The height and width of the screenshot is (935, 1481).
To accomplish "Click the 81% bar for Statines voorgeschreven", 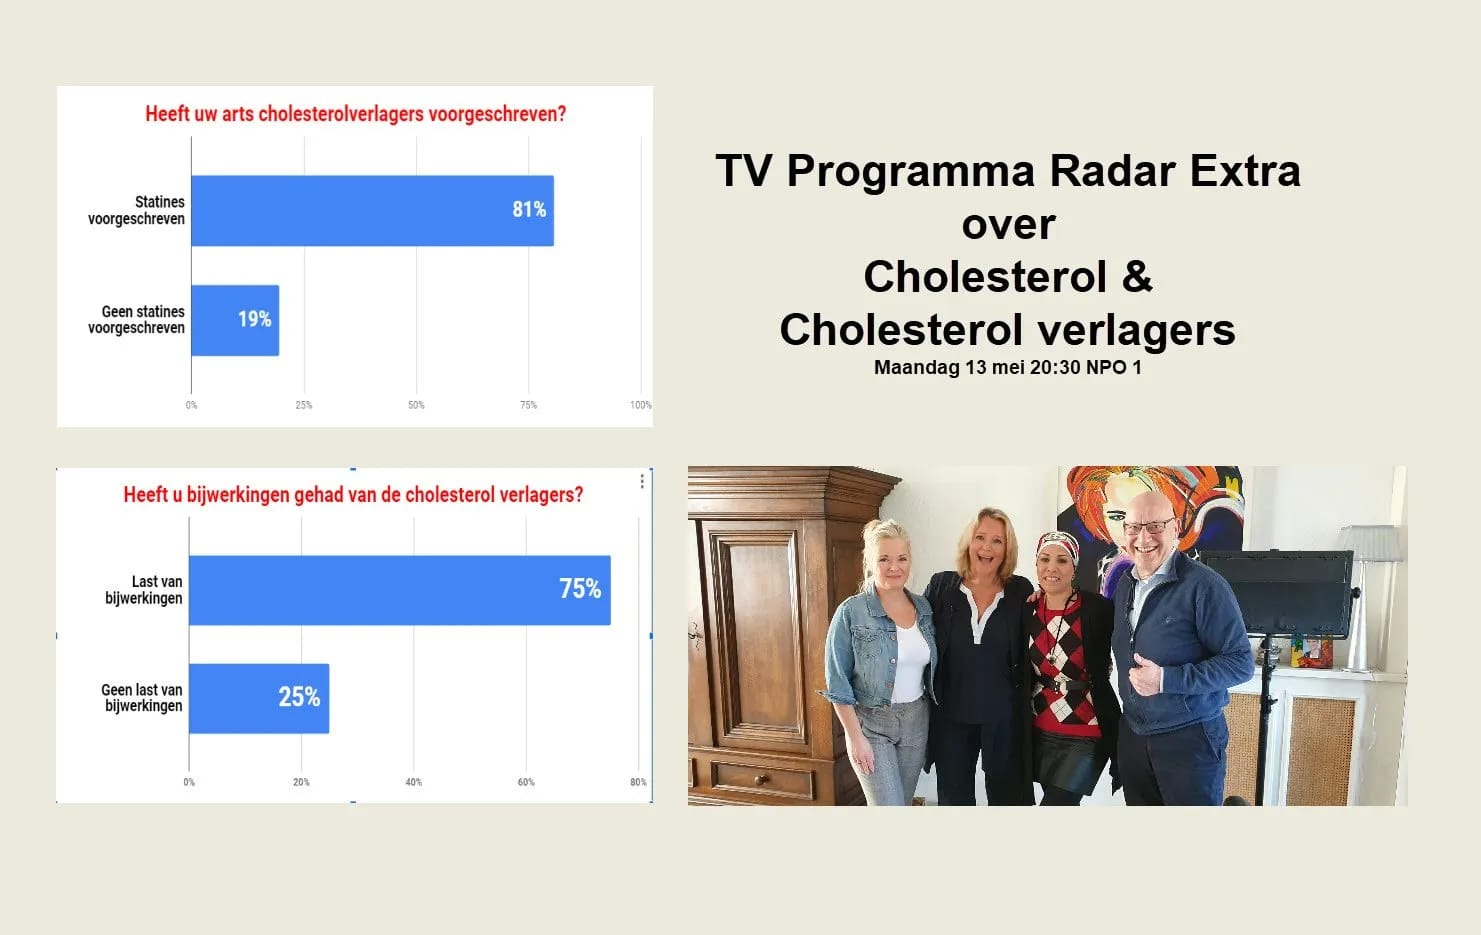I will [372, 211].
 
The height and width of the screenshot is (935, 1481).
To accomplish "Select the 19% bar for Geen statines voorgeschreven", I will [235, 320].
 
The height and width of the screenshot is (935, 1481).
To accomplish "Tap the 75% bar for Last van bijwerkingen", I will [399, 590].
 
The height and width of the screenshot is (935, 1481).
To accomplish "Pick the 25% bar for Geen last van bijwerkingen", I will [259, 698].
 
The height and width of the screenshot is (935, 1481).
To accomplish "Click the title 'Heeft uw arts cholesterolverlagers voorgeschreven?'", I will [355, 114].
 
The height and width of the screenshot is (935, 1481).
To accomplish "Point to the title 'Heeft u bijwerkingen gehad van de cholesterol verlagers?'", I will [353, 495].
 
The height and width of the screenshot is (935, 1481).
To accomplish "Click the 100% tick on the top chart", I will [640, 405].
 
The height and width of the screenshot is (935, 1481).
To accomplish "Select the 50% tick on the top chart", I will [416, 405].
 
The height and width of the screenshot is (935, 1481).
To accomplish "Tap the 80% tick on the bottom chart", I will [638, 782].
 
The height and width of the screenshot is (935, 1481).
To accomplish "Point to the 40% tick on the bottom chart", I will [413, 782].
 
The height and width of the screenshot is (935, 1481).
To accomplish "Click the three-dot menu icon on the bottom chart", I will [642, 481].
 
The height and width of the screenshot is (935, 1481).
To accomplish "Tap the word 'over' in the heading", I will [1008, 224].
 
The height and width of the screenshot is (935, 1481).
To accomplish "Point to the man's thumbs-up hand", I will [1143, 677].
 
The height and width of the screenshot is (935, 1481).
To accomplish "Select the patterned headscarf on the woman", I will [1057, 547].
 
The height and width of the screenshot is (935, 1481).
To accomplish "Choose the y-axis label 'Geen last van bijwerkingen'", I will [142, 698].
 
